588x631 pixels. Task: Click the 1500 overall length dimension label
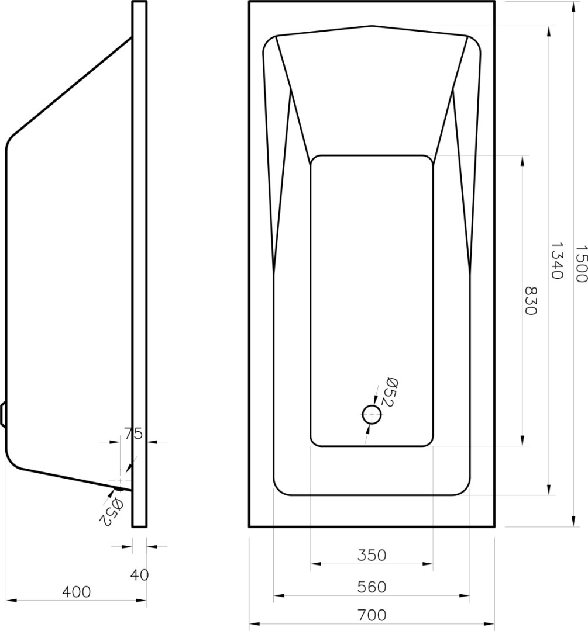[x=581, y=264]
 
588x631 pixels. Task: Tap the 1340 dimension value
[x=556, y=261]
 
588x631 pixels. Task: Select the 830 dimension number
[x=530, y=301]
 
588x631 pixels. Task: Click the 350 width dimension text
[x=372, y=556]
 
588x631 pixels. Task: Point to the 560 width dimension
[x=372, y=587]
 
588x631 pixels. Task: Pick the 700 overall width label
[x=372, y=615]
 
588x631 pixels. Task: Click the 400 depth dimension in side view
[x=77, y=591]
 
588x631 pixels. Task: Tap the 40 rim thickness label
[x=139, y=575]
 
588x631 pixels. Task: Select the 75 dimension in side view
[x=133, y=434]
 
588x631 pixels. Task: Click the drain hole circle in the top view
[x=372, y=414]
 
